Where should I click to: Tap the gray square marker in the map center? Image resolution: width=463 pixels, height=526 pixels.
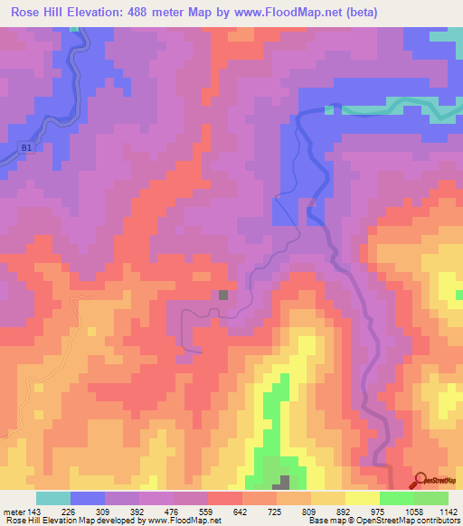coord(223,294)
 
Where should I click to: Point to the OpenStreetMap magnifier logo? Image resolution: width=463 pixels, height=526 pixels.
coord(420,480)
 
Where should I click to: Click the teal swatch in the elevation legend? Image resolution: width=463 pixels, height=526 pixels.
coord(53,497)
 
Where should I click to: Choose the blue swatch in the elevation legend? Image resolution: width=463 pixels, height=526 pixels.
coord(88,497)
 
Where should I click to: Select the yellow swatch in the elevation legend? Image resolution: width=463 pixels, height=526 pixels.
coord(363,497)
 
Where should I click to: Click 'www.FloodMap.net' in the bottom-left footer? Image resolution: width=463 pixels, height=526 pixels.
coord(185,521)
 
